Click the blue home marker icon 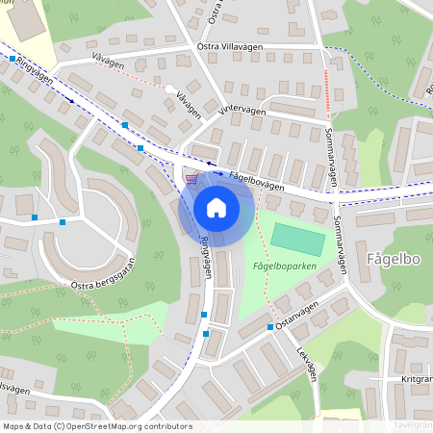[x=216, y=207]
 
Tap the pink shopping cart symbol [x=191, y=178]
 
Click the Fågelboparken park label [x=284, y=266]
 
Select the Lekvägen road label [x=307, y=363]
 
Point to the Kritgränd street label [x=414, y=380]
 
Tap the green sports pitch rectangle [x=297, y=240]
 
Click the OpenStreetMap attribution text [x=97, y=426]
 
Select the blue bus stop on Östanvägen [x=269, y=329]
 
